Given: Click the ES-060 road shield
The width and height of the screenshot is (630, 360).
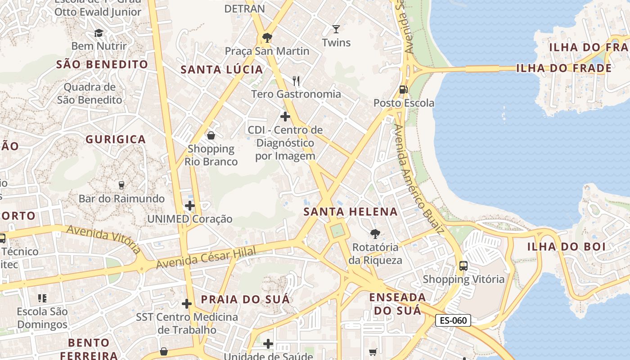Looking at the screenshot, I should pyautogui.click(x=453, y=320).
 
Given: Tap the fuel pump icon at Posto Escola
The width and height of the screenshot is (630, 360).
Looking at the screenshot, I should pyautogui.click(x=404, y=90).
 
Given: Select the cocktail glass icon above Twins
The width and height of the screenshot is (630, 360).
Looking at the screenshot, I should pyautogui.click(x=336, y=29).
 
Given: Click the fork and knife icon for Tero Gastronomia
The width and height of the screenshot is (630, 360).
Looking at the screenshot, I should pyautogui.click(x=296, y=81).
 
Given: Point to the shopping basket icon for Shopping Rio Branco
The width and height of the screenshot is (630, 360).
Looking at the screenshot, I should pyautogui.click(x=211, y=135).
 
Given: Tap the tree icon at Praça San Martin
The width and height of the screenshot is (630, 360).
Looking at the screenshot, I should pyautogui.click(x=267, y=37).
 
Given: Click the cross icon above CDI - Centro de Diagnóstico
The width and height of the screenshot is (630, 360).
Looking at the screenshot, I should pyautogui.click(x=285, y=117).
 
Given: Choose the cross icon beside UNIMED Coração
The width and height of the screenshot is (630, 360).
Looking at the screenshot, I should pyautogui.click(x=190, y=206).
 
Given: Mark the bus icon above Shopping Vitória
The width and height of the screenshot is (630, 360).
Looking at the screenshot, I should pyautogui.click(x=463, y=265).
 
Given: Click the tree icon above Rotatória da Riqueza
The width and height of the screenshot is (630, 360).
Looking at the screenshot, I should pyautogui.click(x=375, y=234).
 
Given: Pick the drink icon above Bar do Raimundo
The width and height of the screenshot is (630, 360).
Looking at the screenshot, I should pyautogui.click(x=121, y=185).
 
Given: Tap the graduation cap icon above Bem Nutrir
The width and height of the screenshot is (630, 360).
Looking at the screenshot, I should pyautogui.click(x=99, y=33).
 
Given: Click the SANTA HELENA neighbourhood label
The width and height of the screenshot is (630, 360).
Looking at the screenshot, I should pyautogui.click(x=351, y=211).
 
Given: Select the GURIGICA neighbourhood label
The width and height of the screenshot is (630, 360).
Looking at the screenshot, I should pyautogui.click(x=116, y=139).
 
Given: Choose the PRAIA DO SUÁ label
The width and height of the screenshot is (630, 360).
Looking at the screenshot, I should pyautogui.click(x=245, y=299).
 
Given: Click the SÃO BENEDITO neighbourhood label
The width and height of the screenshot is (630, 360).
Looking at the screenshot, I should pyautogui.click(x=102, y=64).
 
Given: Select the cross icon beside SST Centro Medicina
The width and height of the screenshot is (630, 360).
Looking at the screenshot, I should pyautogui.click(x=187, y=304).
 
